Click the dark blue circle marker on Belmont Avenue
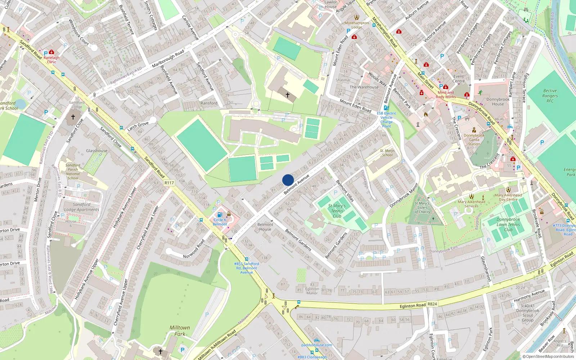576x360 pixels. click(x=288, y=180)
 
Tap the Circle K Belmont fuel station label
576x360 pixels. click(x=220, y=222)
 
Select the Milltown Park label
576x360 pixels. click(x=180, y=330)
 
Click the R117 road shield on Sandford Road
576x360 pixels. click(x=169, y=183)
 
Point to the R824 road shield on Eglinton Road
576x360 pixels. click(x=432, y=304)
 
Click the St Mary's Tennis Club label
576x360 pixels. click(x=337, y=211)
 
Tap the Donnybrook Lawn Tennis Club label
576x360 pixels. click(x=508, y=224)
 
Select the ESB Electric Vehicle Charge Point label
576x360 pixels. click(x=386, y=120)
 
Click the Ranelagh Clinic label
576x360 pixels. click(x=51, y=59)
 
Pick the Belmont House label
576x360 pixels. click(x=265, y=227)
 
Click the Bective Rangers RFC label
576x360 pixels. click(x=550, y=96)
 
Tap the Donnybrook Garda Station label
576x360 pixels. click(x=474, y=140)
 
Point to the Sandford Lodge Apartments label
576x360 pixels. click(x=81, y=207)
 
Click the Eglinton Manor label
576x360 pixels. click(x=312, y=291)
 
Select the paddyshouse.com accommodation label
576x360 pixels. click(x=317, y=345)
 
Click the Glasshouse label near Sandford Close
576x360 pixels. click(x=96, y=151)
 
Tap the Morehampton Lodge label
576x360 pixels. click(x=356, y=25)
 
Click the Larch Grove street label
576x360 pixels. click(x=138, y=126)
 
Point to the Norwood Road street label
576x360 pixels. click(x=194, y=249)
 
